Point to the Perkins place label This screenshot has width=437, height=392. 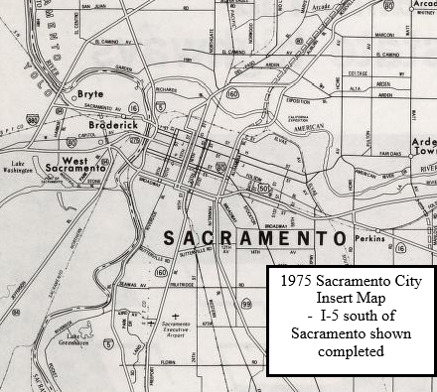pos(367,240)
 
